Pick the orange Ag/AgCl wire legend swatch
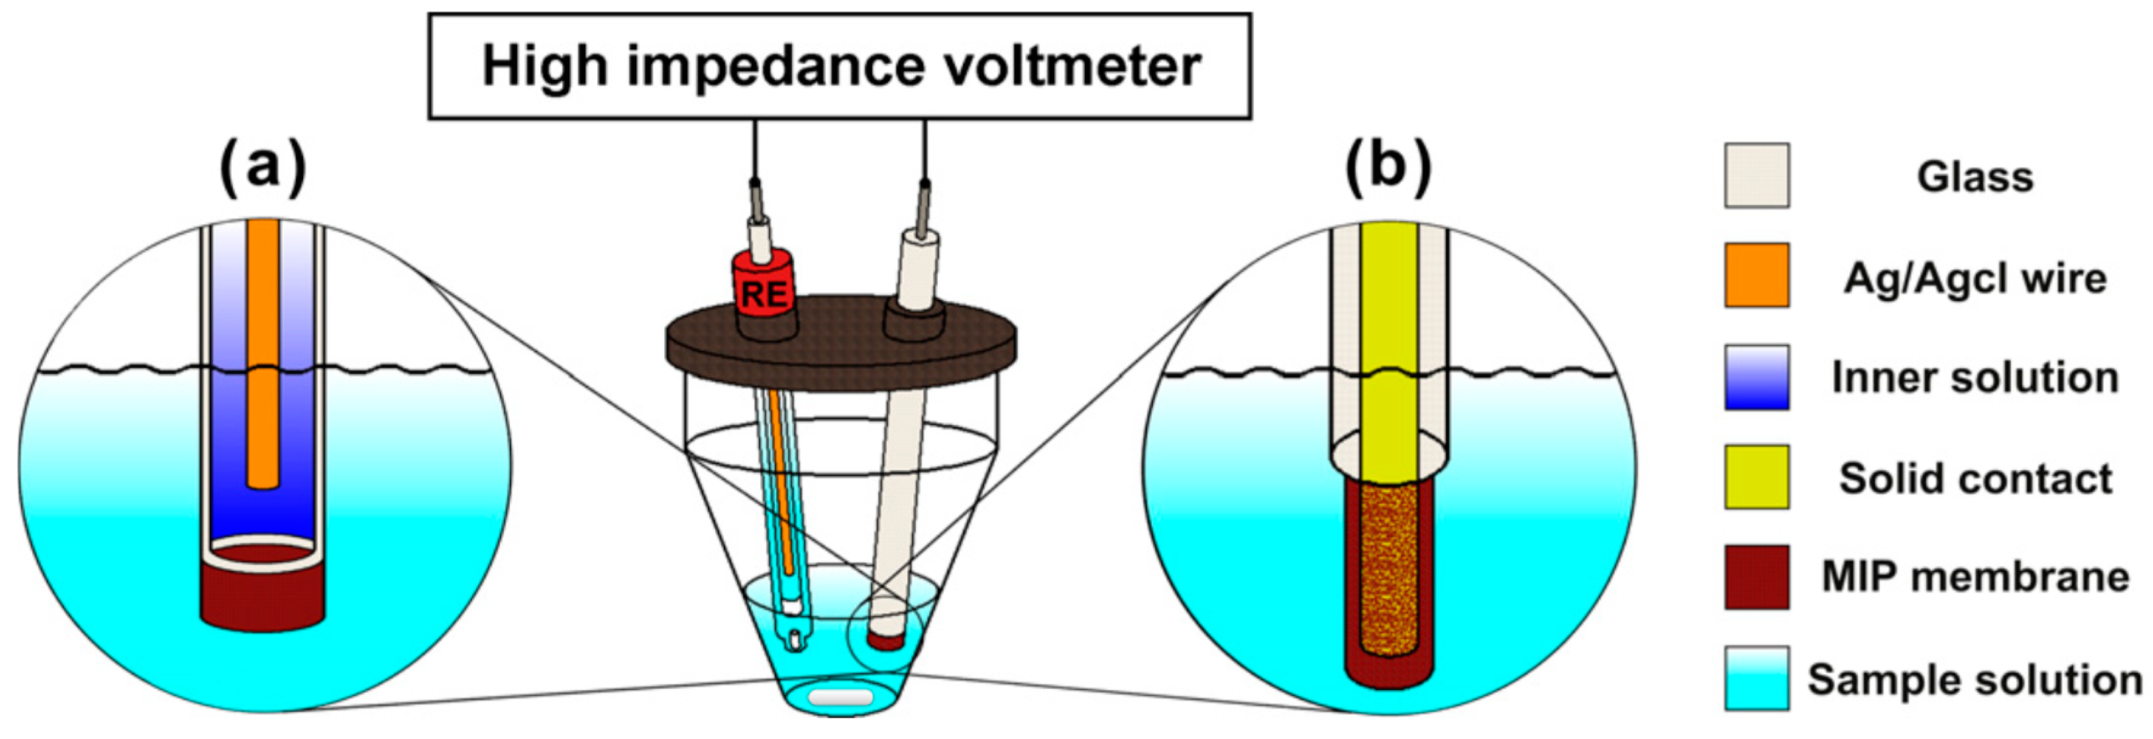click(1756, 276)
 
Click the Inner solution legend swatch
click(1756, 377)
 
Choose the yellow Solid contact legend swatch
click(1756, 476)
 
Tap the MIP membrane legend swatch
click(1756, 577)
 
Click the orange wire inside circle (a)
click(263, 351)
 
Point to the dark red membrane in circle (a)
click(263, 598)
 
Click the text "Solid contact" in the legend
click(1975, 478)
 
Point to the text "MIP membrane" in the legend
click(1975, 577)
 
